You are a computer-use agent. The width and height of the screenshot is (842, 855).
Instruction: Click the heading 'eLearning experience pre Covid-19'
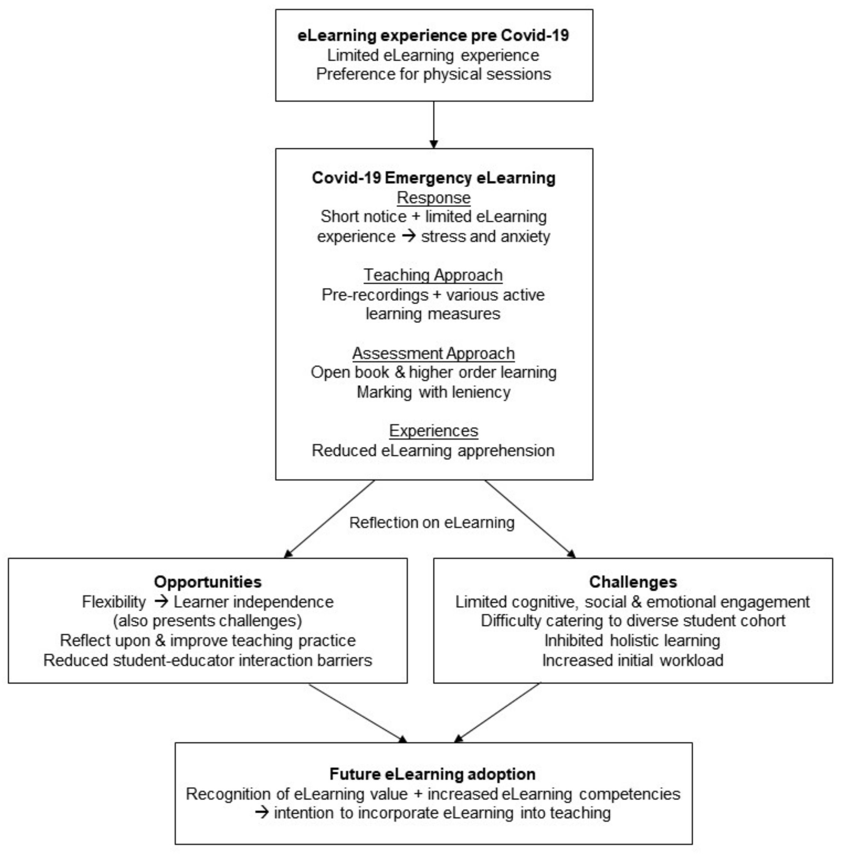(433, 36)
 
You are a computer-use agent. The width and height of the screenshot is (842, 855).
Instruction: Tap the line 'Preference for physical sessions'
(433, 74)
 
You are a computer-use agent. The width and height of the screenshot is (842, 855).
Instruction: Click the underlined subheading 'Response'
(433, 197)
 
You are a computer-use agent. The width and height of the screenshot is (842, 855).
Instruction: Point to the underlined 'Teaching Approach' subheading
(433, 275)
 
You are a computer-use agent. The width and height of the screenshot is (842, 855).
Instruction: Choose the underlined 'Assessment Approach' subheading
(433, 353)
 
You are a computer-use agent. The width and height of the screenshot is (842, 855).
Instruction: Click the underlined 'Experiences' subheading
(433, 431)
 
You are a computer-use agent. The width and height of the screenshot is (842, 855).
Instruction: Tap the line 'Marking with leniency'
(433, 392)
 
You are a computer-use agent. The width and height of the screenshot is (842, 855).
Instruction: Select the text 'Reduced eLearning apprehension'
(433, 450)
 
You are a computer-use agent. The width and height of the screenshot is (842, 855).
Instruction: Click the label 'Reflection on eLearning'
(432, 523)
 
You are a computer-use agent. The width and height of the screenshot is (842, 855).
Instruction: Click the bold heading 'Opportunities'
(207, 581)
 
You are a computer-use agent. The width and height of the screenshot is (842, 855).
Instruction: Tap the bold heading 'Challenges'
(633, 581)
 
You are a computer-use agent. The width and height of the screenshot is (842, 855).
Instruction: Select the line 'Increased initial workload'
(633, 660)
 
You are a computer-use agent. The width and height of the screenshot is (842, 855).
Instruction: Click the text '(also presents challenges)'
(207, 620)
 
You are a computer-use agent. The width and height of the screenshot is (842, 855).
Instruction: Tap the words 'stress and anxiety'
(485, 236)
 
